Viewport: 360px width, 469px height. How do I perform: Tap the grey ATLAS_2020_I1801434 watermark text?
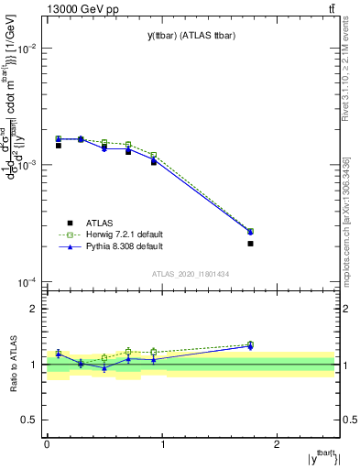[x=190, y=275]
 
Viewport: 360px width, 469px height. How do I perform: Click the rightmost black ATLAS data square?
[x=250, y=244]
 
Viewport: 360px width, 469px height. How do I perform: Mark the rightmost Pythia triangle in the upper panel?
[x=250, y=233]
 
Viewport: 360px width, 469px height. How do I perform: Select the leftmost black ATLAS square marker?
[x=58, y=146]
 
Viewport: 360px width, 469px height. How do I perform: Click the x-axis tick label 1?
[x=163, y=443]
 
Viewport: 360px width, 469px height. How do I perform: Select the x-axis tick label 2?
[x=279, y=443]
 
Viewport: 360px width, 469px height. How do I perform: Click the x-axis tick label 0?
[x=47, y=443]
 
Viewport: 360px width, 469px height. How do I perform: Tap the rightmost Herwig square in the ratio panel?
[x=250, y=344]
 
